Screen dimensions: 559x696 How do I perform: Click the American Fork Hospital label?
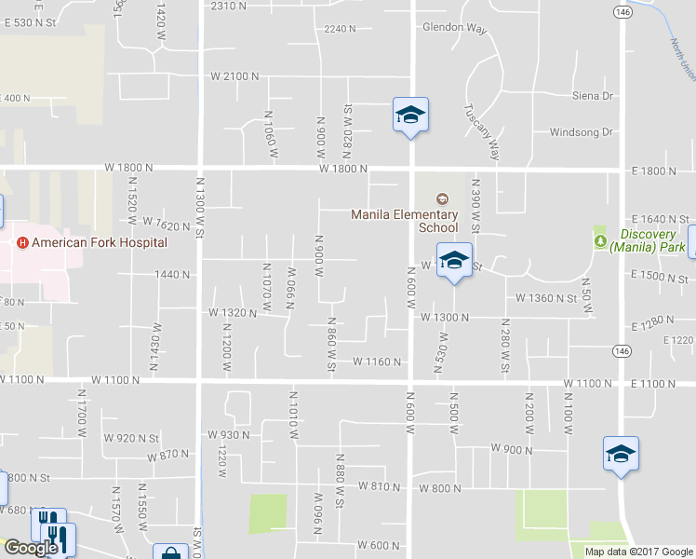pyautogui.click(x=100, y=242)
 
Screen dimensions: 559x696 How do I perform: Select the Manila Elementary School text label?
pyautogui.click(x=404, y=221)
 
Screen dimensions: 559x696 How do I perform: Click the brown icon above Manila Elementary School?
pyautogui.click(x=442, y=198)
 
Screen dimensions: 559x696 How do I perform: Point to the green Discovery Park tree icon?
pyautogui.click(x=601, y=240)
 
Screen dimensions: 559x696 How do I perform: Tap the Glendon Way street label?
pyautogui.click(x=455, y=27)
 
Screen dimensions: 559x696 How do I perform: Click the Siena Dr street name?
pyautogui.click(x=593, y=96)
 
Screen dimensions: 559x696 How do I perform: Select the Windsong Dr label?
pyautogui.click(x=582, y=132)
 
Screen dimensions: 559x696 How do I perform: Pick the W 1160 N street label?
pyautogui.click(x=376, y=361)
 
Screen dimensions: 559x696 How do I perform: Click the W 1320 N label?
pyautogui.click(x=232, y=313)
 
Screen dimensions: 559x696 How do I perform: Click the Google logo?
pyautogui.click(x=31, y=548)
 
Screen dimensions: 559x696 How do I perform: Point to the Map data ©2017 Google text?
pyautogui.click(x=638, y=552)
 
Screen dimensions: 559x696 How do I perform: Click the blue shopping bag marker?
pyautogui.click(x=170, y=552)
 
